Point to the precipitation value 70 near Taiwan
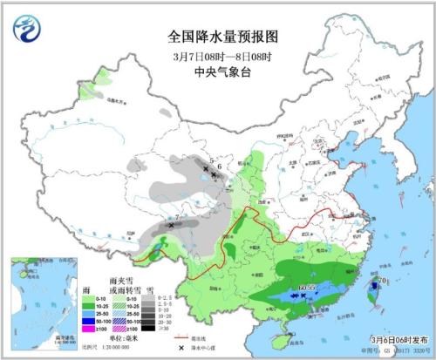coord(382,280)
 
